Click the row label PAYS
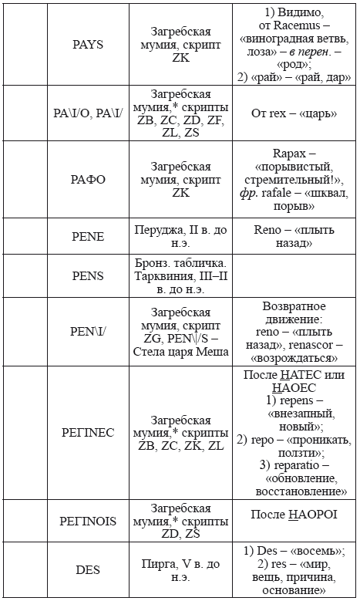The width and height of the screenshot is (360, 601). tap(87, 45)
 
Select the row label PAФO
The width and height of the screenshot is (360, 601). tap(87, 179)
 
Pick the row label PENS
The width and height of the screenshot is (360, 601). tap(87, 275)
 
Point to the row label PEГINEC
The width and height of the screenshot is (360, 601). tap(87, 433)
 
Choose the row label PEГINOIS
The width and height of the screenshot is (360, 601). tap(87, 521)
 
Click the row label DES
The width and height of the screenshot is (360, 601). tap(87, 570)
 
